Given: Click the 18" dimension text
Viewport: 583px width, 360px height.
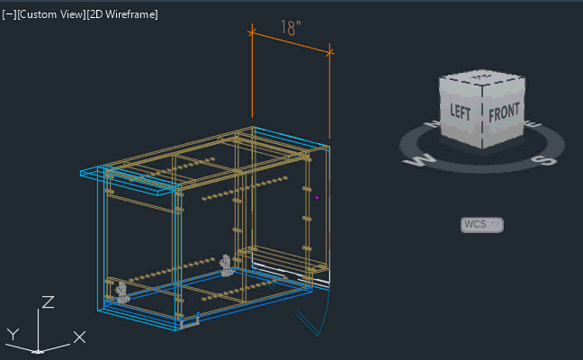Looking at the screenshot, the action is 291,28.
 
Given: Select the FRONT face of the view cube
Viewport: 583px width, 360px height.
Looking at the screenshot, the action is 504,112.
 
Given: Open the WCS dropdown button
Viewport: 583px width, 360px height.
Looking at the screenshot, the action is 482,225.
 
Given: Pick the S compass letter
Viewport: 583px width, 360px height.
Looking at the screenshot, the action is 543,160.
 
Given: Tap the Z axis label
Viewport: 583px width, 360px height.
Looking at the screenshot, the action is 48,302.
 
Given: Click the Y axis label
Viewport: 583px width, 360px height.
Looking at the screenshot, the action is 13,334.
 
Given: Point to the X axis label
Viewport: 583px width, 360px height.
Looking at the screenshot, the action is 79,337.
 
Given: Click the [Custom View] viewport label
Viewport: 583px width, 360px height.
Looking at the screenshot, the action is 51,14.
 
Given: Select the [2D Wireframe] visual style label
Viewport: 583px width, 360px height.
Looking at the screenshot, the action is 122,14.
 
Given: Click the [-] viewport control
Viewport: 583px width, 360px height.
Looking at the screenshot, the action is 9,14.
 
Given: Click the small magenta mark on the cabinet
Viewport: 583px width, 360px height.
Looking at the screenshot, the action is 318,198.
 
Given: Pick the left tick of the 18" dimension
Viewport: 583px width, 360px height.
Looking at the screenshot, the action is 252,32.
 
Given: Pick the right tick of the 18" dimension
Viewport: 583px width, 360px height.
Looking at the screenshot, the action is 329,53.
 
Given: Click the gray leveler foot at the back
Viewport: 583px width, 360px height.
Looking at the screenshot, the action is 226,265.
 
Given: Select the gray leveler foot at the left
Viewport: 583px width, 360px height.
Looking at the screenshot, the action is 121,292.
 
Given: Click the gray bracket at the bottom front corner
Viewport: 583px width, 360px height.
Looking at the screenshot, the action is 190,322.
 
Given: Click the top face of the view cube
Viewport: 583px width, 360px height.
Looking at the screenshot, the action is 482,77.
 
